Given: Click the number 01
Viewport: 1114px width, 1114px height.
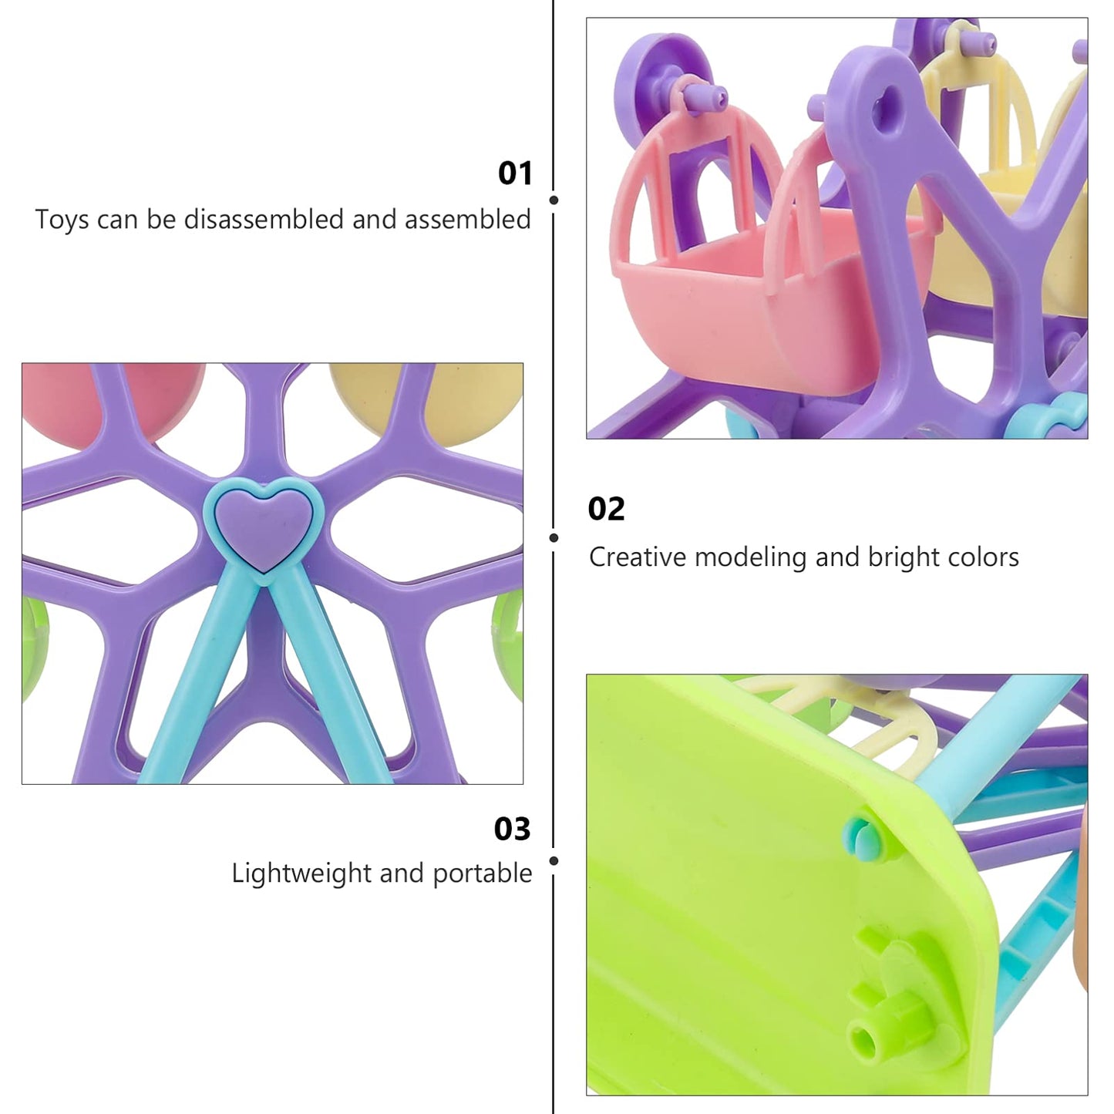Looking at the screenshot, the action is click(x=514, y=173).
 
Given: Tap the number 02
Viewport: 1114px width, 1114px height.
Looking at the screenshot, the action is click(x=606, y=510).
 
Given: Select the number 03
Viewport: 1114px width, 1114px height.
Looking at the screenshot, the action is click(x=512, y=829).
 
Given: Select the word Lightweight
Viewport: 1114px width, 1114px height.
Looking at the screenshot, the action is click(x=301, y=874).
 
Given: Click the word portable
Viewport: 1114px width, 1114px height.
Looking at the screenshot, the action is click(x=482, y=874).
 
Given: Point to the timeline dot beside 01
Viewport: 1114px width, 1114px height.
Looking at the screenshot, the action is click(x=554, y=200).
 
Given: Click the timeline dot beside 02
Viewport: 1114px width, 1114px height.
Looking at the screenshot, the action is click(x=554, y=538).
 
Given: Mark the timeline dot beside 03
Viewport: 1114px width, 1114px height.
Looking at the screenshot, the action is click(x=554, y=861).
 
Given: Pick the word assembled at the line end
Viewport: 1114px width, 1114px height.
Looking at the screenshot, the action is click(x=467, y=220).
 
